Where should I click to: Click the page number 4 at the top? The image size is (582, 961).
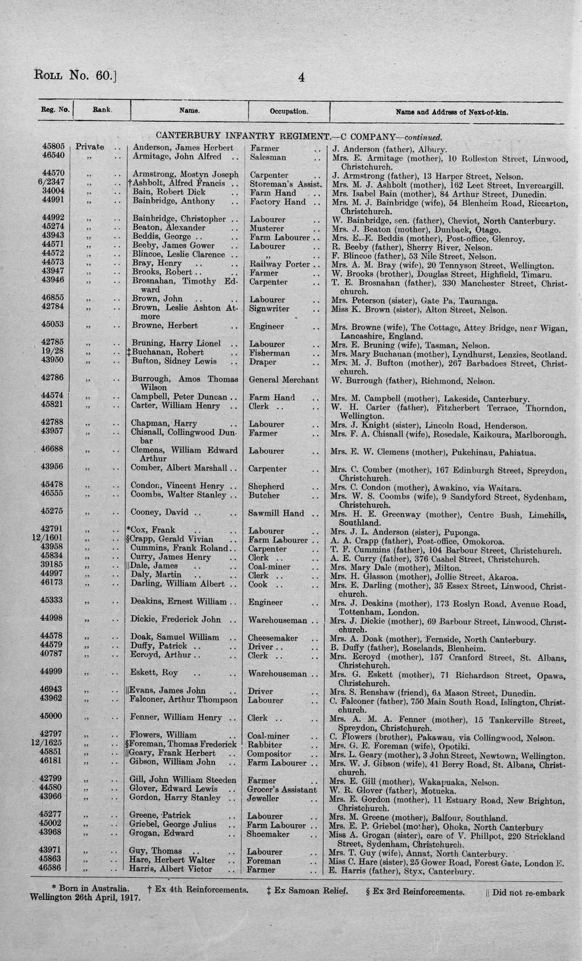301,78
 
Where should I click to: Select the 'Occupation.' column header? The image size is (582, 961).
289,111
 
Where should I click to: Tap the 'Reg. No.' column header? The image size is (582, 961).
55,110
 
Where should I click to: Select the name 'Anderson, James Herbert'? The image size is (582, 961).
183,148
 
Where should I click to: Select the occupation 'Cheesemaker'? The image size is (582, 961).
272,638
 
